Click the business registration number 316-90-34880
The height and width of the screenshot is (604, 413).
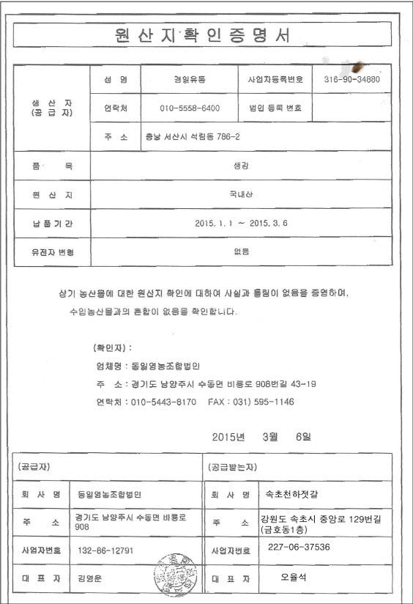[351, 78]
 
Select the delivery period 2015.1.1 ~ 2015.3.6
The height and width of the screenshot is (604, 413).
[241, 222]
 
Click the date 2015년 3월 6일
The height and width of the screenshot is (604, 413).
[261, 436]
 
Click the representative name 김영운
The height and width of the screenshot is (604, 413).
[90, 578]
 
